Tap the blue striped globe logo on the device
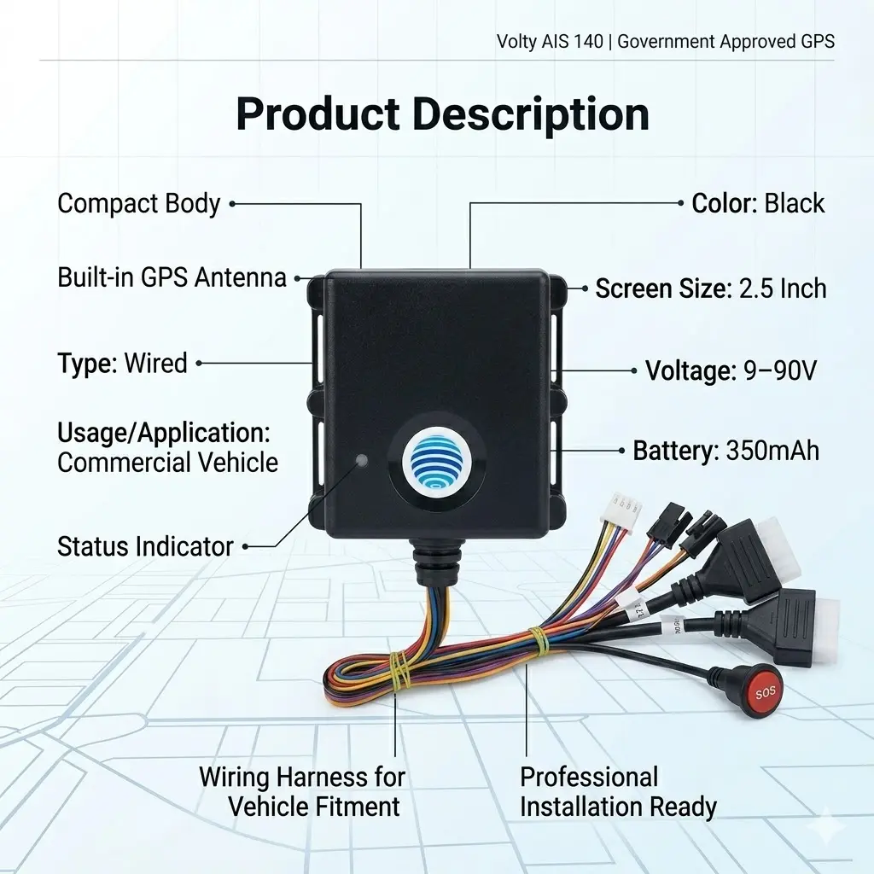pos(438,460)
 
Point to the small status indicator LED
pos(361,461)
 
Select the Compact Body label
pos(139,203)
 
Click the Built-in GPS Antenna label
pos(172,277)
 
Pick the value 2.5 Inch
pos(783,288)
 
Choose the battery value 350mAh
pos(772,451)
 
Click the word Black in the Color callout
pos(795,203)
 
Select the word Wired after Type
pos(155,363)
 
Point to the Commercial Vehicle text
pos(168,462)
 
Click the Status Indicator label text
pos(145,546)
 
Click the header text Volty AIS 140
pos(551,41)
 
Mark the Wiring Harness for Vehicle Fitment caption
pos(302,791)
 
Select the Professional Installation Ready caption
pos(618,791)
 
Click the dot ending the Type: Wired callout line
pos(199,363)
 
